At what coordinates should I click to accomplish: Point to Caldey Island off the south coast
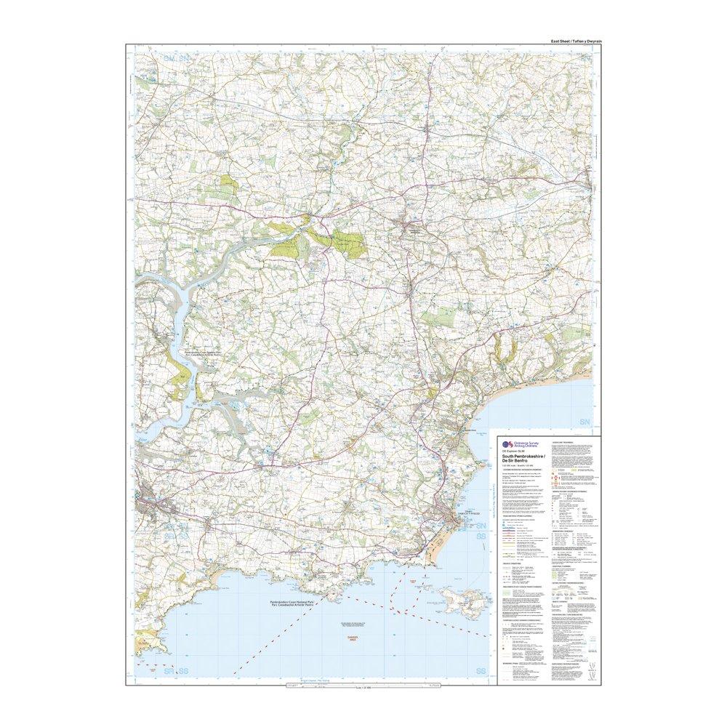462,599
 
